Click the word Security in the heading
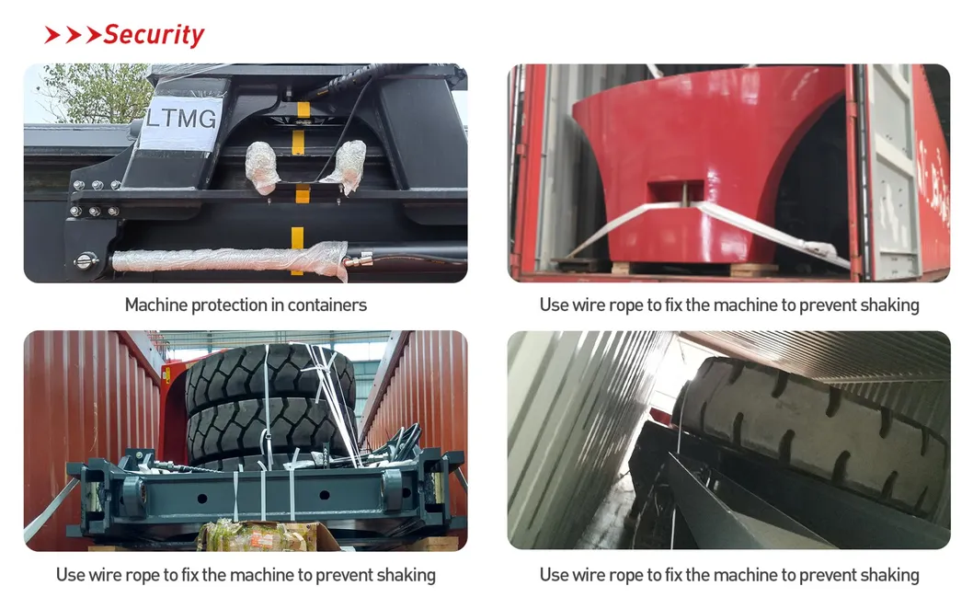(x=154, y=35)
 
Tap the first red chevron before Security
(x=52, y=35)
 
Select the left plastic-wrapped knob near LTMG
(x=262, y=167)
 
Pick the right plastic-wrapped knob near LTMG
(x=347, y=164)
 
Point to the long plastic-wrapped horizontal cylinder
(x=230, y=260)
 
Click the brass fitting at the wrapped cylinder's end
(x=360, y=259)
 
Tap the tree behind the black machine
(x=93, y=92)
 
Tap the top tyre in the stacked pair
(x=270, y=373)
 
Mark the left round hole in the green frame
(x=201, y=499)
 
